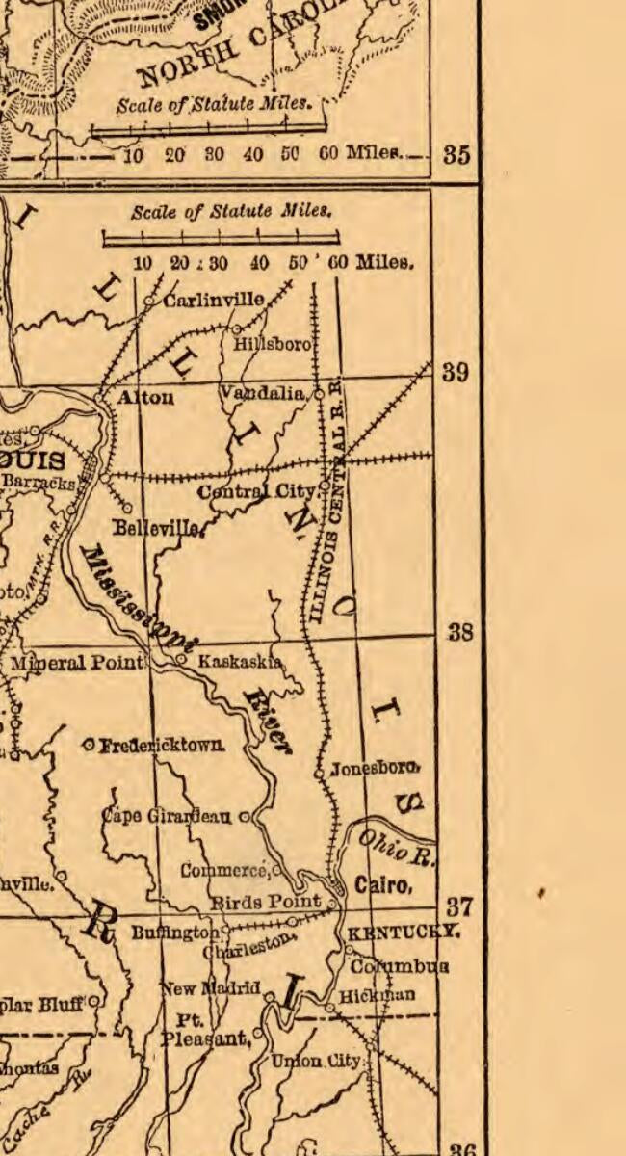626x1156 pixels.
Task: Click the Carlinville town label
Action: [214, 301]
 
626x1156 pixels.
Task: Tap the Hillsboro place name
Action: [274, 344]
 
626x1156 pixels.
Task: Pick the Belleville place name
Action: [157, 528]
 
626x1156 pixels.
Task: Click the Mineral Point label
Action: [77, 663]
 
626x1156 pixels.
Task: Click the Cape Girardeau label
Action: [168, 816]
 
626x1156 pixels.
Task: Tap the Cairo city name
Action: [383, 885]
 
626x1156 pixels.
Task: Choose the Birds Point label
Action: [265, 902]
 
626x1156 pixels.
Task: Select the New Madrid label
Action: [210, 988]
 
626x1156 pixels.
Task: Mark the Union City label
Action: [315, 1061]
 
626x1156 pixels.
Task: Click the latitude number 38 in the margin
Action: [460, 633]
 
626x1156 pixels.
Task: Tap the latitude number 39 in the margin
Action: [456, 372]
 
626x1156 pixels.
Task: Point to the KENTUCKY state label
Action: [403, 933]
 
